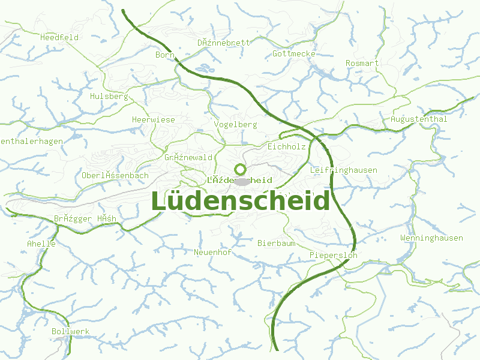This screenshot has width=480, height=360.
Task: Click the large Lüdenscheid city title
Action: click(x=240, y=201)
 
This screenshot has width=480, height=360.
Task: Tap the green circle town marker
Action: click(x=240, y=169)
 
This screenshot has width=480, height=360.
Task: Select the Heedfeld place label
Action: click(x=59, y=37)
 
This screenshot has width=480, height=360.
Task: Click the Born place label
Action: click(x=164, y=55)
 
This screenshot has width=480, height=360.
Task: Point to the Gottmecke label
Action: click(x=294, y=53)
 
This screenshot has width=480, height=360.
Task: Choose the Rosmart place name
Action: click(x=362, y=63)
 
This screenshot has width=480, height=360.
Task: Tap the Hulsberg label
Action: click(x=109, y=96)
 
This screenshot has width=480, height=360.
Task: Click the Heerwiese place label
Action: click(x=154, y=119)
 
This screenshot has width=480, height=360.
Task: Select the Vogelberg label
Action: click(x=235, y=124)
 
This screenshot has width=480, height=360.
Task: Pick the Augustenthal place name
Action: click(x=419, y=119)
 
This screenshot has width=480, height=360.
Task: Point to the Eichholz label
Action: click(x=287, y=146)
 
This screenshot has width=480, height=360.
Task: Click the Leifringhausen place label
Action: click(x=344, y=170)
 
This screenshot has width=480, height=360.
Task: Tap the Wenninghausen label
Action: click(x=431, y=238)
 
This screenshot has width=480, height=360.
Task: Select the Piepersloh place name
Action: click(x=333, y=255)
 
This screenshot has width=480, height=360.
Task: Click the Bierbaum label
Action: click(x=276, y=243)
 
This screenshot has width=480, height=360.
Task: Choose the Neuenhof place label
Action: click(x=212, y=252)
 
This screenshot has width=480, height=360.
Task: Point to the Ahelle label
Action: click(x=41, y=244)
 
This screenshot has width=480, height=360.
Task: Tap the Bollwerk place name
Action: click(x=70, y=331)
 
